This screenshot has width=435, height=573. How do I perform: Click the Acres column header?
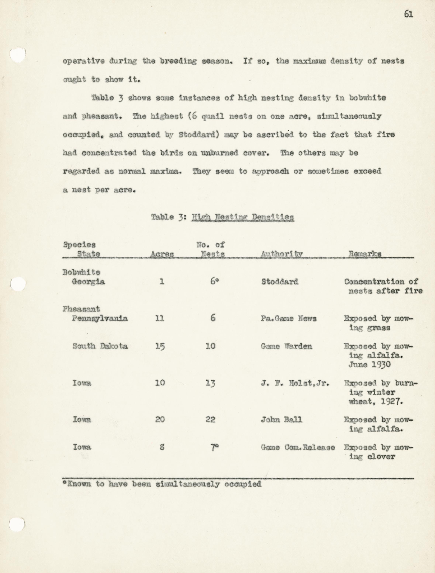tap(162, 254)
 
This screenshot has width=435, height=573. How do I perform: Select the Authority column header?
tap(282, 254)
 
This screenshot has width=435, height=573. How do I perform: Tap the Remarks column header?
tap(365, 254)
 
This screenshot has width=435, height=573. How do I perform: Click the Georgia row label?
tap(88, 282)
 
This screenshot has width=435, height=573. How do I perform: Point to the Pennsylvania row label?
tap(100, 318)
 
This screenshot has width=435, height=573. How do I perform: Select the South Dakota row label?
tap(100, 346)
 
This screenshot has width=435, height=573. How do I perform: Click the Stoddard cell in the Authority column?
tap(280, 282)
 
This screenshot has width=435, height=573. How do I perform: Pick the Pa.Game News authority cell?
tap(289, 318)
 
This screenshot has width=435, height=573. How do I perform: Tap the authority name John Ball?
tap(282, 419)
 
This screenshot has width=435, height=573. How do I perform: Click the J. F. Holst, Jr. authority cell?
tap(295, 383)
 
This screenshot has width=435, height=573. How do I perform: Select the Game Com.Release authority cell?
tap(298, 447)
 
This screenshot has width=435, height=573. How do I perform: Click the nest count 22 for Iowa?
tap(210, 419)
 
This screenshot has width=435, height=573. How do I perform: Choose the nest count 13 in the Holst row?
tap(210, 383)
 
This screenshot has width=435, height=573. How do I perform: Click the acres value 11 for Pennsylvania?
tap(160, 318)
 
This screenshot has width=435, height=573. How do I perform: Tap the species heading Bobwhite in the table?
tap(81, 272)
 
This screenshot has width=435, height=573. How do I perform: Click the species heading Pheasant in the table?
tap(81, 309)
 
